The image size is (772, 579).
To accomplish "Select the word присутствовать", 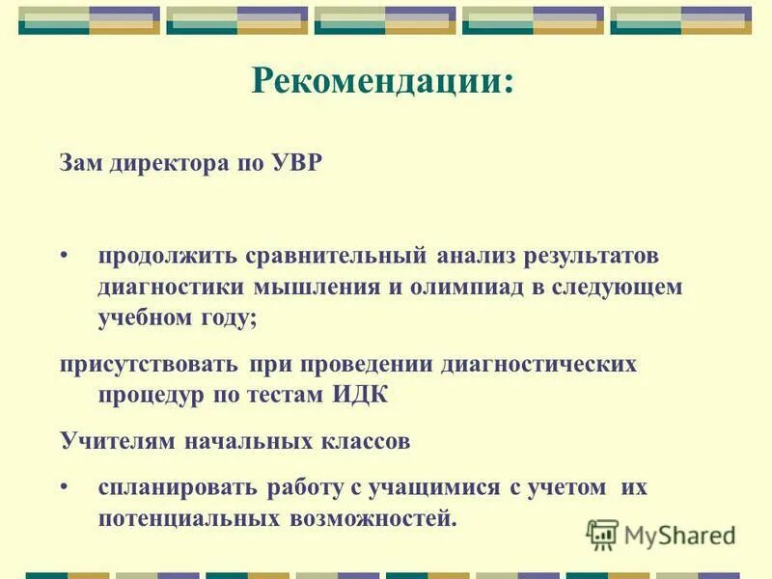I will [148, 365].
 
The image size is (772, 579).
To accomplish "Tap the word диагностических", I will [539, 365].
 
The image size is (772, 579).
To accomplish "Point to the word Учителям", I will [115, 442].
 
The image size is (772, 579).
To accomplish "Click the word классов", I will [366, 442].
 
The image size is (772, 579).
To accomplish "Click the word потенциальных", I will [187, 519].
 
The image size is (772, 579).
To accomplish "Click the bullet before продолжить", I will [65, 257].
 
